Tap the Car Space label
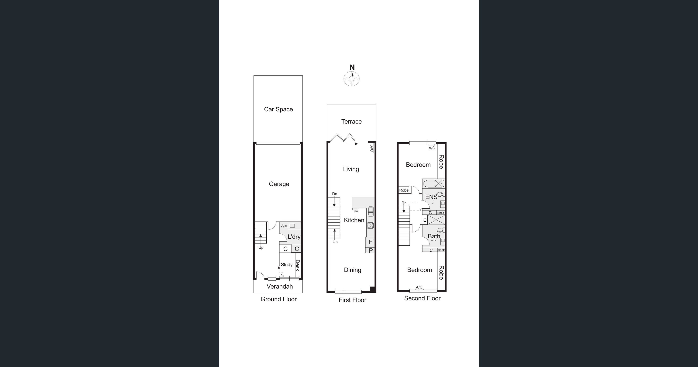(x=278, y=109)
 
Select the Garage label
(x=279, y=184)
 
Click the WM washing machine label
(x=284, y=226)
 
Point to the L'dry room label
(x=294, y=237)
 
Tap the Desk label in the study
(x=297, y=265)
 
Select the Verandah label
(x=280, y=287)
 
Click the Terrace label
(x=351, y=122)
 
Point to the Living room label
(x=351, y=169)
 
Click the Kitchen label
(x=354, y=220)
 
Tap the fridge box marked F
(x=370, y=242)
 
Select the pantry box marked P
(x=370, y=250)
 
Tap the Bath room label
(x=434, y=236)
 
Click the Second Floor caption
(x=422, y=298)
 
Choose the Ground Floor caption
(x=279, y=299)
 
